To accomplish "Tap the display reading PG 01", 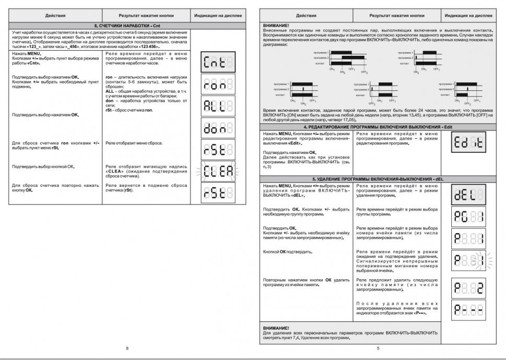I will click(x=467, y=216).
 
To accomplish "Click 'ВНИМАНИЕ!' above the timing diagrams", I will click(x=277, y=25).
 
